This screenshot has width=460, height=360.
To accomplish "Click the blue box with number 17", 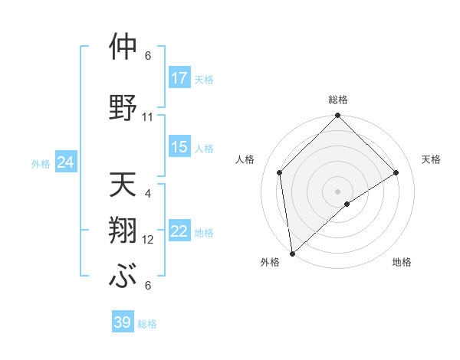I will click(179, 78).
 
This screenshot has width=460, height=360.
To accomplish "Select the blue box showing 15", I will click(179, 147).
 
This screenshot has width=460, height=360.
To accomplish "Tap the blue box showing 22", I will click(179, 232).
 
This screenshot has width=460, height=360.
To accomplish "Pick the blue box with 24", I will click(66, 162).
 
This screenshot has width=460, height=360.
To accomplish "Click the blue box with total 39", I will click(123, 322).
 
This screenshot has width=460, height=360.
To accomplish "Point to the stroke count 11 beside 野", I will click(148, 117).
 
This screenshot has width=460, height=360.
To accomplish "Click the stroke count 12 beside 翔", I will click(148, 240).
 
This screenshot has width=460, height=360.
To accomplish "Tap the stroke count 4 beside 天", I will click(148, 194).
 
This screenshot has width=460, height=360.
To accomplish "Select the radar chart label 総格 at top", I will click(337, 100).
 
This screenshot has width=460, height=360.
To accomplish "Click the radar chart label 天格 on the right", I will click(431, 159).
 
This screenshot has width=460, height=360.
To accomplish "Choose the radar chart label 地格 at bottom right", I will click(402, 262).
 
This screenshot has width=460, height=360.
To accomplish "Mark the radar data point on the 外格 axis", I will click(291, 254).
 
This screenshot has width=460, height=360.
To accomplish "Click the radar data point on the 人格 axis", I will click(280, 172).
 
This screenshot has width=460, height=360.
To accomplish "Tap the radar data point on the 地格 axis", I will click(347, 204).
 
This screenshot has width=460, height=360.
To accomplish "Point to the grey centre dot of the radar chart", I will click(337, 191).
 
